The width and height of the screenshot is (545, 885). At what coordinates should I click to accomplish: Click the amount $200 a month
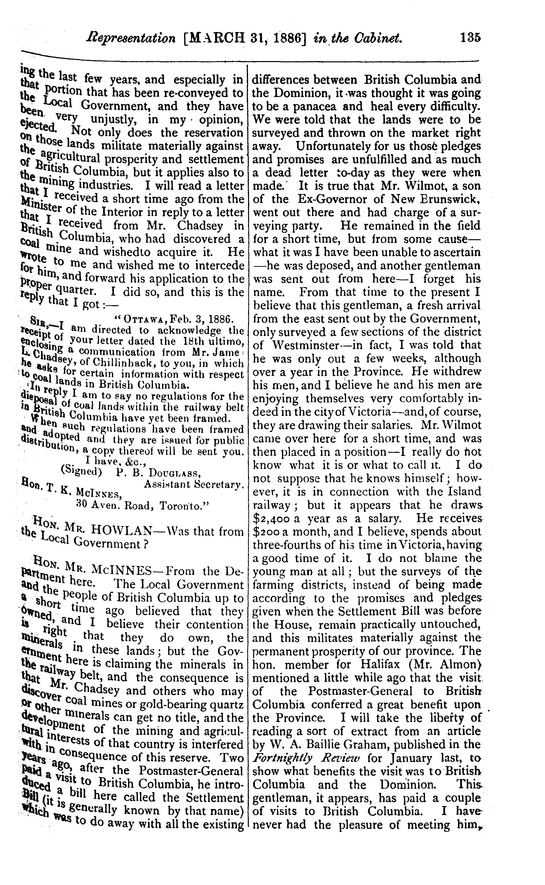click(x=267, y=531)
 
